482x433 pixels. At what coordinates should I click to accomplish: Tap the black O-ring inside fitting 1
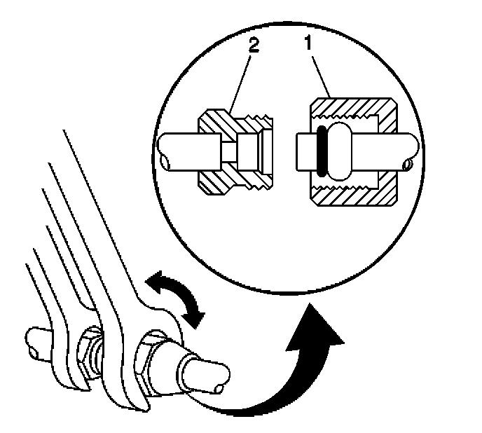coord(322,150)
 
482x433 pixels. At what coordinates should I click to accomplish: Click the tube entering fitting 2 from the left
coord(182,151)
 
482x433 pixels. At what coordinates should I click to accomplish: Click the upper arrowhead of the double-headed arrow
coord(153,281)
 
